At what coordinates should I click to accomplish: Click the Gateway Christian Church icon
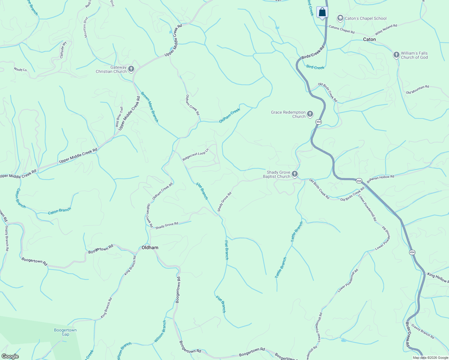[x=131, y=69]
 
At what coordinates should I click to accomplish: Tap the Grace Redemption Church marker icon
[x=310, y=114]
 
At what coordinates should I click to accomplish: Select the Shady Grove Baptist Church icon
[x=295, y=174]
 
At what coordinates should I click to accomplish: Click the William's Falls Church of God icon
[x=396, y=55]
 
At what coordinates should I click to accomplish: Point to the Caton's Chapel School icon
[x=340, y=18]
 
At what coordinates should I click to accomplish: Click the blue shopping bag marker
[x=322, y=12]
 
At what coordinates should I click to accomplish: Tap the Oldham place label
[x=150, y=247]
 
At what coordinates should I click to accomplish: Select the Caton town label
[x=369, y=39]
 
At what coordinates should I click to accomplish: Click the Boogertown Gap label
[x=65, y=332]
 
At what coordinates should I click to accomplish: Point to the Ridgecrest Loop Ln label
[x=195, y=154]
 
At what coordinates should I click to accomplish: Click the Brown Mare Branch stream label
[x=149, y=107]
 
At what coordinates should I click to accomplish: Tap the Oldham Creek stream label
[x=230, y=115]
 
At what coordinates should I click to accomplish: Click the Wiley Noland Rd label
[x=386, y=30]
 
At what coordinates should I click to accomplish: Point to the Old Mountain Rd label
[x=417, y=89]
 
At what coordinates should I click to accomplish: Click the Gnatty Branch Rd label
[x=7, y=238]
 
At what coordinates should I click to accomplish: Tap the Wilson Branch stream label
[x=160, y=331]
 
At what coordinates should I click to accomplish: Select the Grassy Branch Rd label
[x=423, y=331]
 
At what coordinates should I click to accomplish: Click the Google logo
[x=10, y=356]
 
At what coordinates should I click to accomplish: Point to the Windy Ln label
[x=20, y=70]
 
